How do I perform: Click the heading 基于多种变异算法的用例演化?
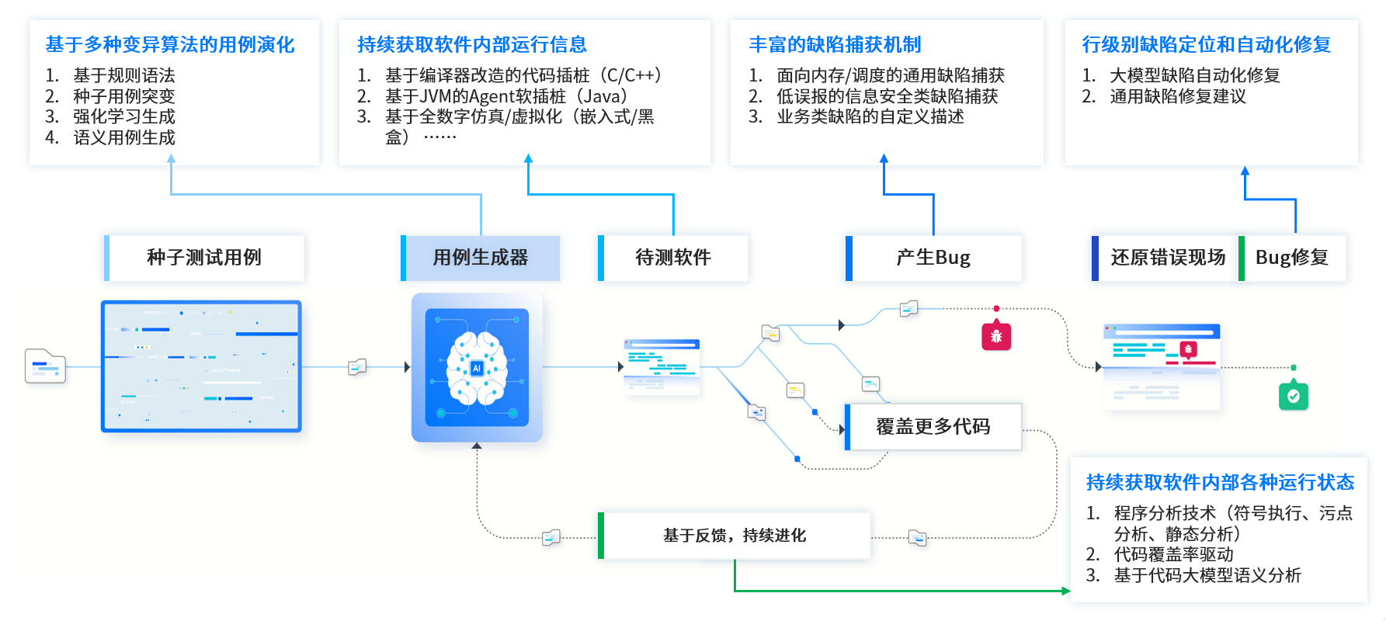click(x=170, y=45)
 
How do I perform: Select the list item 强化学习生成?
click(x=124, y=116)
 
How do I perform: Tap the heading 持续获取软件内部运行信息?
click(x=471, y=45)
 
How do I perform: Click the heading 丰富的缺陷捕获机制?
click(x=835, y=45)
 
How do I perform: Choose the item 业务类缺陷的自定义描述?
click(x=870, y=116)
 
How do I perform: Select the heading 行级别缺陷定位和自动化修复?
click(x=1206, y=45)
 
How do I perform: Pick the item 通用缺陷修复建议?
click(x=1177, y=96)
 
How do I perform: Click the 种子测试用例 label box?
click(x=204, y=258)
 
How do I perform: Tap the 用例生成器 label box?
click(x=481, y=258)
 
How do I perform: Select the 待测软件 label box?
click(x=673, y=258)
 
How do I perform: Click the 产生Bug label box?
click(x=933, y=258)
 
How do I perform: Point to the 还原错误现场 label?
click(x=1167, y=258)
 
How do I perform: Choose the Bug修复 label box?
click(x=1292, y=258)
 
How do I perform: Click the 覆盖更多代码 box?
click(x=933, y=427)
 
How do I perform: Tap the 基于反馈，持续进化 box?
click(x=735, y=536)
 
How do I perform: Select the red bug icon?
click(x=996, y=336)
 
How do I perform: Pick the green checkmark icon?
click(x=1294, y=396)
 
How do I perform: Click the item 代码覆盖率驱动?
click(x=1173, y=554)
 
